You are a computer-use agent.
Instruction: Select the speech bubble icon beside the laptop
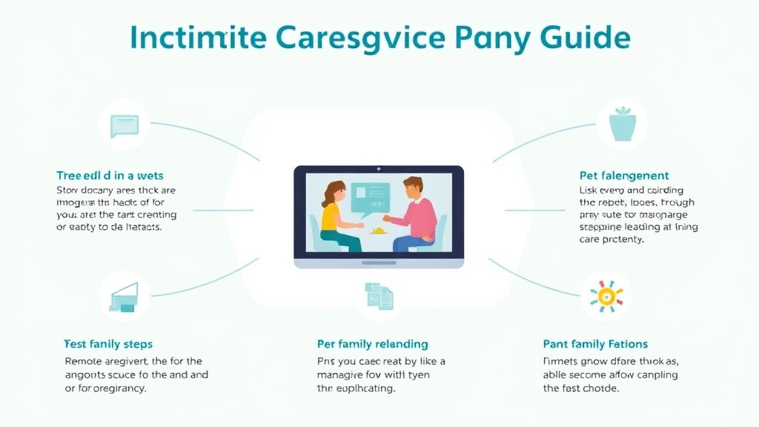point(125,126)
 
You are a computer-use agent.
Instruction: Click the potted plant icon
point(621,125)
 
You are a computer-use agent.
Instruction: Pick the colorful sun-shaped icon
point(606,296)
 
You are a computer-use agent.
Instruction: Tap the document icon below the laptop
point(379,296)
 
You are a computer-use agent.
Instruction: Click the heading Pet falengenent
point(623,176)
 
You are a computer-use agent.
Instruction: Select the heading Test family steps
point(108,344)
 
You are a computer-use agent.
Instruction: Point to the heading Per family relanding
point(372,344)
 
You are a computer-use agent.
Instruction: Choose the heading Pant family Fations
point(595,344)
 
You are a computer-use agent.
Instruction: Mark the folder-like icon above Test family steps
point(125,296)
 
